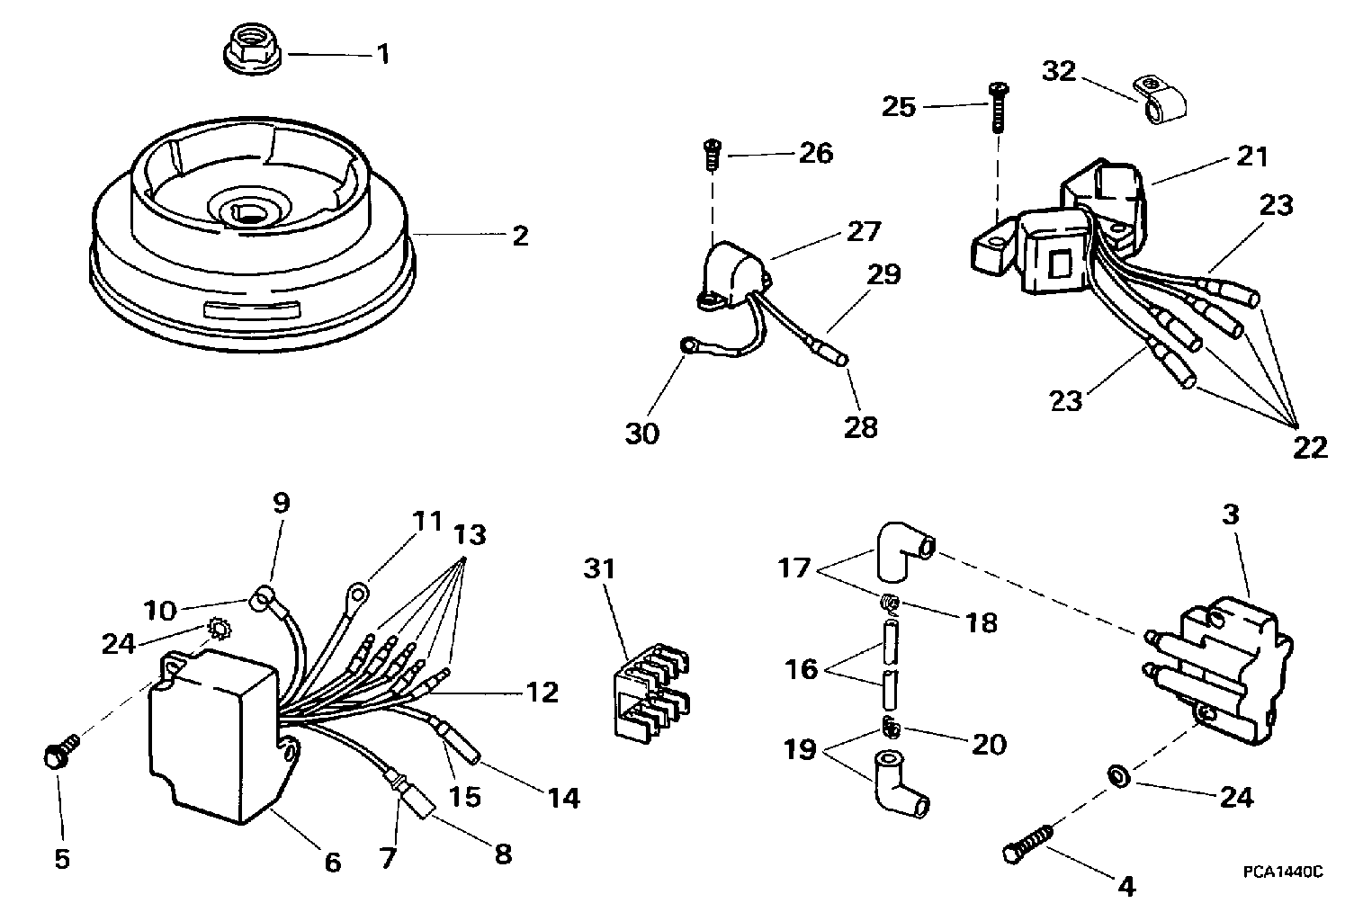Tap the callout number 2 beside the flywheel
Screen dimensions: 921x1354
519,236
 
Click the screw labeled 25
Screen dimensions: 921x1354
997,106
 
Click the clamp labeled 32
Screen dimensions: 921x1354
1161,102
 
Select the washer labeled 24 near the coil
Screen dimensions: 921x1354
1116,773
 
